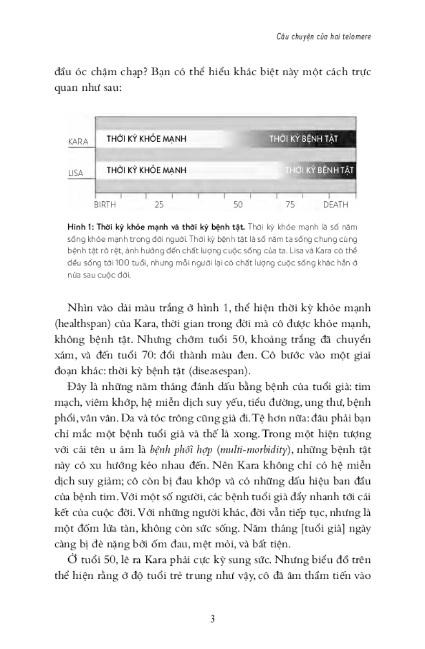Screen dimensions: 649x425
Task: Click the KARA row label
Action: point(78,142)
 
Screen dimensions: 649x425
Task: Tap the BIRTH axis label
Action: point(105,206)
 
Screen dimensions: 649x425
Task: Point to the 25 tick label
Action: point(159,206)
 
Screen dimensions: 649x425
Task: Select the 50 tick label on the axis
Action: point(238,206)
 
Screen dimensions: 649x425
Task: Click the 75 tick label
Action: point(290,206)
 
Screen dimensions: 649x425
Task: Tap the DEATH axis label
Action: point(336,206)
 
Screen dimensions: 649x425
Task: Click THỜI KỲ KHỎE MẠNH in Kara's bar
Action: point(146,139)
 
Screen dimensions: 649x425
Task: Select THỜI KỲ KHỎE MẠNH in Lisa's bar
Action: point(146,170)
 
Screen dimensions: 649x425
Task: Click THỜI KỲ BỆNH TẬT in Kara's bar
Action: point(304,139)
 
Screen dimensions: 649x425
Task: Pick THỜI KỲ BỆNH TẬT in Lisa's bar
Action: point(319,170)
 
